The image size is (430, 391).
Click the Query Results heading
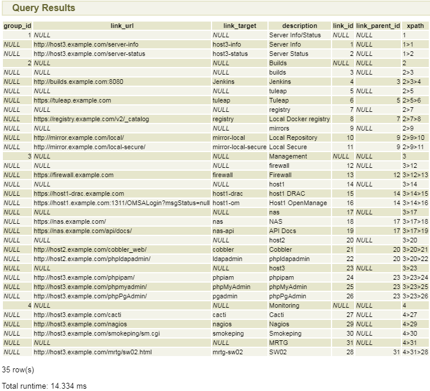44,8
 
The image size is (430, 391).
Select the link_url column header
122,26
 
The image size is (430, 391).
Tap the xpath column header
415,26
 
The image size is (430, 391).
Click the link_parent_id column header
378,26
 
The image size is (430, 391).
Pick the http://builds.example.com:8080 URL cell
79,82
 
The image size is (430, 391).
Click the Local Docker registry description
299,119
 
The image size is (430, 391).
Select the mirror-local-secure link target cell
239,147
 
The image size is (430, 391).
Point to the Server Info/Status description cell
295,35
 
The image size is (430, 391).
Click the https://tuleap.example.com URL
72,100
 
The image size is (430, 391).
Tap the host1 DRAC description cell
287,193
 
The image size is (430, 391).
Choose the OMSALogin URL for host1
122,203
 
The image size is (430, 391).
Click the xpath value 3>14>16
415,203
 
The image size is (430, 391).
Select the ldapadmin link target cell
227,259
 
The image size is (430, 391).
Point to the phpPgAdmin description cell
287,296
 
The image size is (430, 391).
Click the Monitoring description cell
284,305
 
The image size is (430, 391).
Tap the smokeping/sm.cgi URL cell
97,333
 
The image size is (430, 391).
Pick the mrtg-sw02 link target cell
228,352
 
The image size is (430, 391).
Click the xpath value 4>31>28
415,352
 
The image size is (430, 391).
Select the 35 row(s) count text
18,369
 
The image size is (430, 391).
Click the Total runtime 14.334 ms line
44,386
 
